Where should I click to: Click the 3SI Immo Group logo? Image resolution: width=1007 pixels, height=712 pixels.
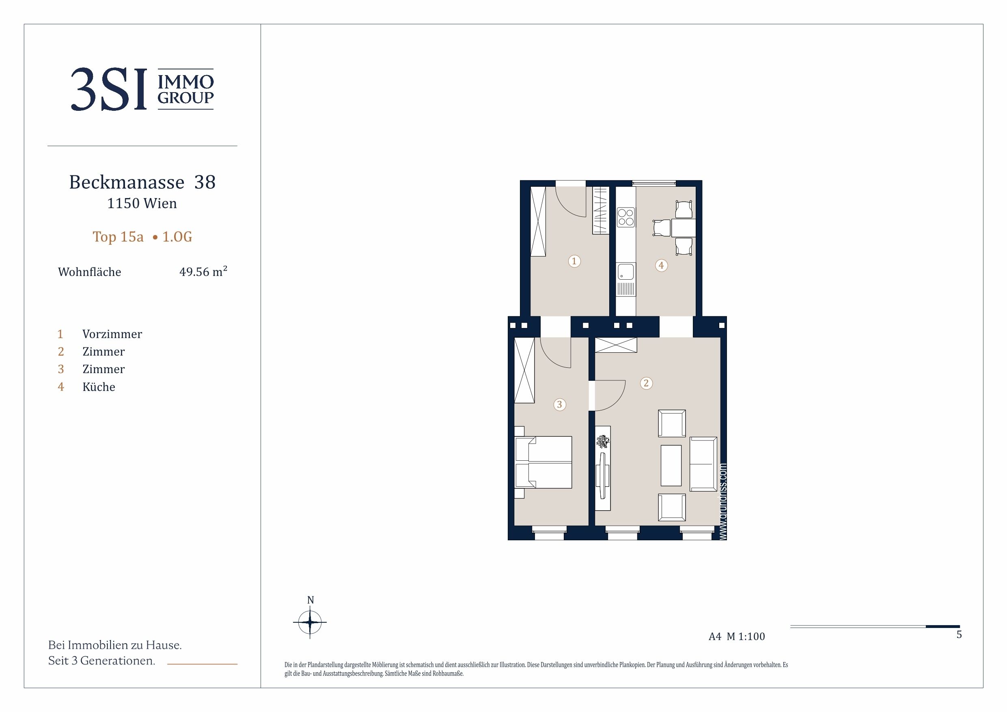(142, 89)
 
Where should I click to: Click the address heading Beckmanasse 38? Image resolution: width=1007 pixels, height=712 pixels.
(142, 182)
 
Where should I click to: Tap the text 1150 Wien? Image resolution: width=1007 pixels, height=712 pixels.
(142, 203)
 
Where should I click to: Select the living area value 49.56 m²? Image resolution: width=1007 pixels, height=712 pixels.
(203, 271)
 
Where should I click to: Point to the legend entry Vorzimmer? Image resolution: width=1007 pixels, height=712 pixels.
(112, 334)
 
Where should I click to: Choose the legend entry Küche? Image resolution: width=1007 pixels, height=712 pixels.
(99, 387)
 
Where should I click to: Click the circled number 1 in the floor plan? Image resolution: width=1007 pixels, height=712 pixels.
(574, 261)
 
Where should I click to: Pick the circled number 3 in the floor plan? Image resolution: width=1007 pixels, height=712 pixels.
(559, 404)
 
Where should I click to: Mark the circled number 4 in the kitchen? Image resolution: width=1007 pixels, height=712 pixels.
(662, 265)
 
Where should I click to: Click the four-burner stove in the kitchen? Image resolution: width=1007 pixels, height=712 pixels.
(626, 218)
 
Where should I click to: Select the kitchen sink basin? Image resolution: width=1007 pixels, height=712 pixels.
(626, 272)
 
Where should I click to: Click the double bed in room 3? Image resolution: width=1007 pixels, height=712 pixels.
(543, 462)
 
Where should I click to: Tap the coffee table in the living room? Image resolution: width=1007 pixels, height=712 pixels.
(671, 466)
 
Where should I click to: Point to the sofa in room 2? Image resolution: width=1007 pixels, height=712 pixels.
(703, 464)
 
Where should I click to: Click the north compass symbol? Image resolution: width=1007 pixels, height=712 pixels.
(310, 621)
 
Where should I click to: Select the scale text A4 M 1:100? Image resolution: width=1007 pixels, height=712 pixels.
(737, 636)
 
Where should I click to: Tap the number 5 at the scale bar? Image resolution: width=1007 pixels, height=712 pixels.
(959, 634)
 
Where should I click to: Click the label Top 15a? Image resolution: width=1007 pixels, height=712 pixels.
(118, 237)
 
